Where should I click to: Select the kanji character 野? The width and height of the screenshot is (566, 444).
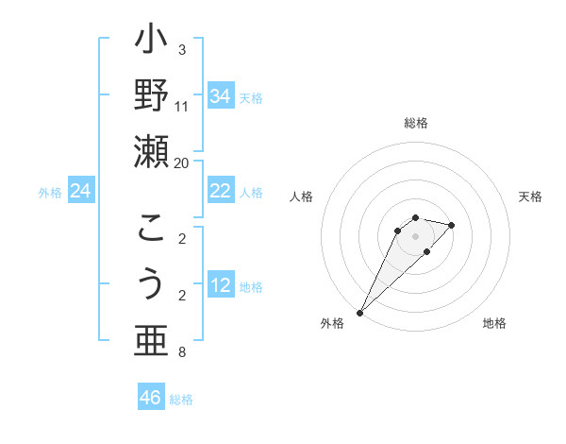coord(151,95)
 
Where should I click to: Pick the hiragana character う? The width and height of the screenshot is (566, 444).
coord(151,284)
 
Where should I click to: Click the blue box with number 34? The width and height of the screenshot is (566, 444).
coord(220,96)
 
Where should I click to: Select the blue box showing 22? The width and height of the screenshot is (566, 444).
coord(220,191)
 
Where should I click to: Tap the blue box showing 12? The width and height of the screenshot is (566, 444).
coord(220,285)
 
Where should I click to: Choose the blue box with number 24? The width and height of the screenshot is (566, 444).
coord(81,191)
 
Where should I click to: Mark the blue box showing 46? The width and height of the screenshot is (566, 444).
coord(151,398)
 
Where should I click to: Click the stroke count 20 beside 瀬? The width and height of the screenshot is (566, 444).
coord(181,162)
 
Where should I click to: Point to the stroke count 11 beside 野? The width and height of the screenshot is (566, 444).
coord(181,106)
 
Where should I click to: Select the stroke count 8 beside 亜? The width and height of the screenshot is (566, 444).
coord(181,353)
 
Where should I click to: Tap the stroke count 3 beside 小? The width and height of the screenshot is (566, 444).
coord(181,49)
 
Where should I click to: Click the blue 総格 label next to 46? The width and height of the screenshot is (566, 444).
coord(181,400)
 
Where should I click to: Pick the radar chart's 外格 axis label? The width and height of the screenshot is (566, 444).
coord(332,323)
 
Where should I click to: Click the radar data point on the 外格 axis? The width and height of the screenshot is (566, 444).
coord(359,312)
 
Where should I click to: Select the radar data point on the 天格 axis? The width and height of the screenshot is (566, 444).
coord(452,225)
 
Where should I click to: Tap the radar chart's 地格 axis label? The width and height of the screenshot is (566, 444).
coord(494,323)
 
